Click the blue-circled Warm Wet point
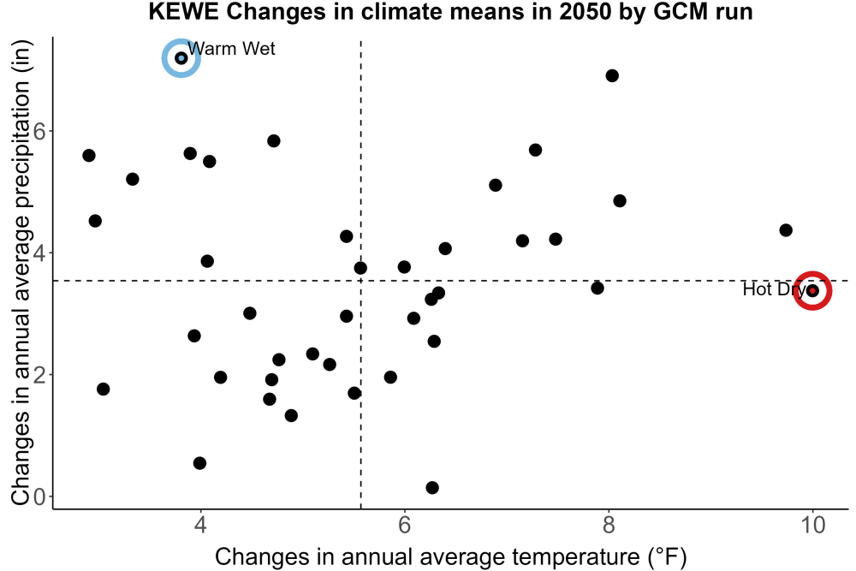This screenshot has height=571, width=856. point(181,58)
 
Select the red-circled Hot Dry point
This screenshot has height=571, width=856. point(812,290)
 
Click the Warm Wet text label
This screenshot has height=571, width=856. point(231,49)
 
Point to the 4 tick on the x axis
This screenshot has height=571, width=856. point(201,525)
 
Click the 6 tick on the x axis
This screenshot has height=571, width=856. point(405,525)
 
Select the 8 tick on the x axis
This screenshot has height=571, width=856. point(608,525)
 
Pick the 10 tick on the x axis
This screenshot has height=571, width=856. point(812,525)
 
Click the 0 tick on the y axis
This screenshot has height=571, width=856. point(39,497)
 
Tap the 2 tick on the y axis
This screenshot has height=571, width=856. point(39,375)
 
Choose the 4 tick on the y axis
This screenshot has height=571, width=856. point(39,253)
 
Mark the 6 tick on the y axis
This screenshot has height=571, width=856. point(39,132)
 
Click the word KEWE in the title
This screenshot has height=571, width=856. point(183,11)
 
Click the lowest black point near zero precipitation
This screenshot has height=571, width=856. point(431,487)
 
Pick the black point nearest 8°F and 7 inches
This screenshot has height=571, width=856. point(612,75)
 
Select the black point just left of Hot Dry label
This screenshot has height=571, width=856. point(597,288)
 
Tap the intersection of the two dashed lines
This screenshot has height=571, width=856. point(361,281)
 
